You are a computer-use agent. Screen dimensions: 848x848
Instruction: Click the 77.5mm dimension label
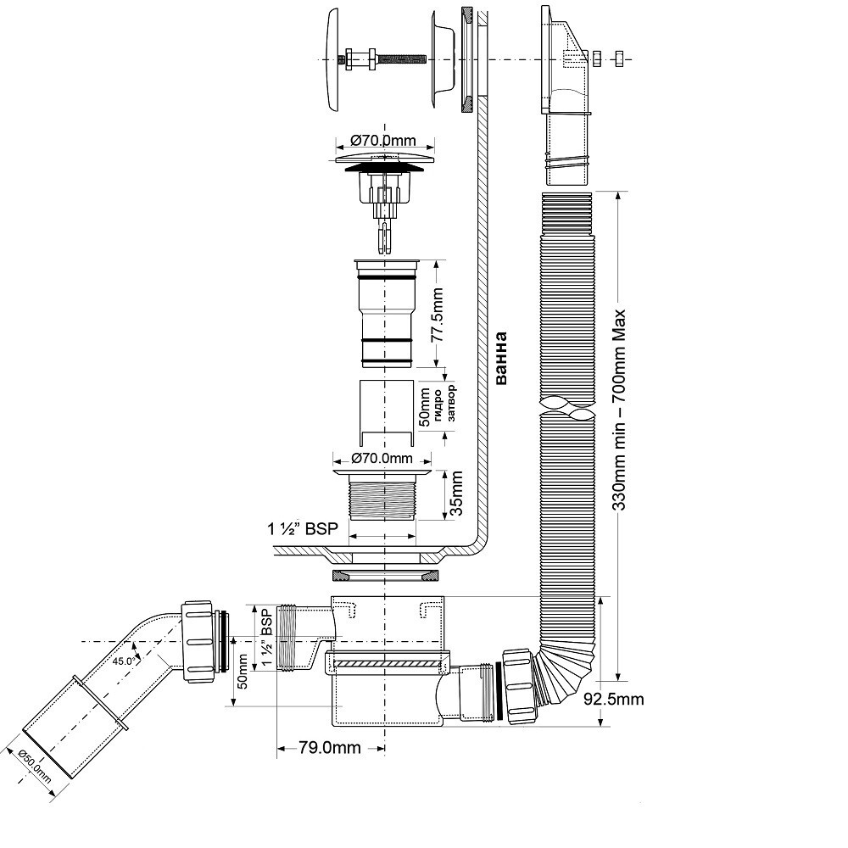pyautogui.click(x=437, y=315)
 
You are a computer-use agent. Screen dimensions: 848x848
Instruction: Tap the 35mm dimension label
pyautogui.click(x=455, y=494)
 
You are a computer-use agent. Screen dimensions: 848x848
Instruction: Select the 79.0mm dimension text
pyautogui.click(x=329, y=747)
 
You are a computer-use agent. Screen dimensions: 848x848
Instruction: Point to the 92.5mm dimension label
pyautogui.click(x=614, y=700)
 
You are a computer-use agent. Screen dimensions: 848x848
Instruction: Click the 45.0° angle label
pyautogui.click(x=123, y=661)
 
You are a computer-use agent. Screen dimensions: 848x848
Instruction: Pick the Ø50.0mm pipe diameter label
pyautogui.click(x=35, y=767)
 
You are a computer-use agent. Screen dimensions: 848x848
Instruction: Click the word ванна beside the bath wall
pyautogui.click(x=501, y=359)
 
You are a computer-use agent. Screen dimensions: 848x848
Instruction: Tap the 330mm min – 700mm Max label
pyautogui.click(x=619, y=410)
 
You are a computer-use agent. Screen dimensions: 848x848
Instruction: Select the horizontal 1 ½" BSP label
pyautogui.click(x=303, y=528)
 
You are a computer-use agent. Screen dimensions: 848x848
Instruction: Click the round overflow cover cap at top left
pyautogui.click(x=332, y=59)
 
